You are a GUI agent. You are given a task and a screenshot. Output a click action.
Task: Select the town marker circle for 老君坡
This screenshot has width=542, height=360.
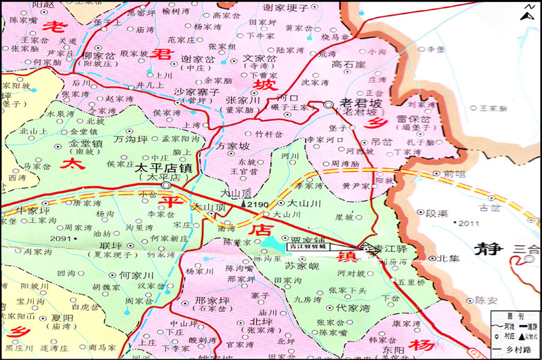(329, 104)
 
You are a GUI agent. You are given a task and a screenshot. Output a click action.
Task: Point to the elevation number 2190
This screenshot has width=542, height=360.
(259, 204)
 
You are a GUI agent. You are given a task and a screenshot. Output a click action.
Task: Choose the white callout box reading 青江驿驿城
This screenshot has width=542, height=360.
(308, 247)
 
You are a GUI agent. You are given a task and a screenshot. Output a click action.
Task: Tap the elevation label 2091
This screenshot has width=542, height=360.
(60, 239)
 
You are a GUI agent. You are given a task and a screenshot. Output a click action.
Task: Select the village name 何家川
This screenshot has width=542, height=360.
(138, 276)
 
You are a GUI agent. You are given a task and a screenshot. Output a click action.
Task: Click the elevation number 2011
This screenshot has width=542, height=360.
(468, 223)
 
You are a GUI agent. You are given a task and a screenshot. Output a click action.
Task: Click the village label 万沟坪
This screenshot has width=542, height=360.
(131, 139)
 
